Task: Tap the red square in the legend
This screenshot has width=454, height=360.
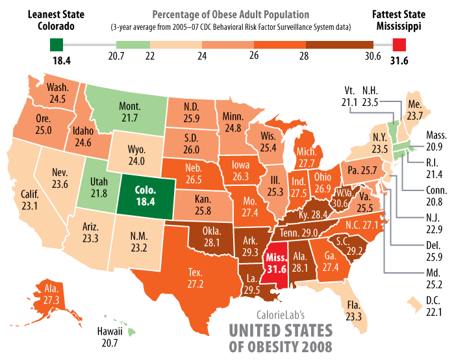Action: (401, 44)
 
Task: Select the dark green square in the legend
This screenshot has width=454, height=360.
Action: (57, 44)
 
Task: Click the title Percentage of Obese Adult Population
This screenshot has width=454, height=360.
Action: (231, 14)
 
